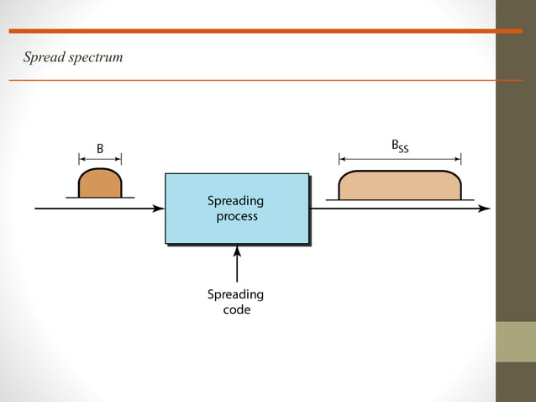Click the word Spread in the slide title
[43, 57]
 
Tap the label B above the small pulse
[99, 149]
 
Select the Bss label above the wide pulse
[400, 146]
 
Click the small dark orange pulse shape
[100, 184]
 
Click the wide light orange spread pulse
[399, 185]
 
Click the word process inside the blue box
[236, 216]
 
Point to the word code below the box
[236, 309]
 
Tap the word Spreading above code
[236, 294]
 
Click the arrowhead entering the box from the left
[159, 209]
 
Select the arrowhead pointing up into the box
[237, 251]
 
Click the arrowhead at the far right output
[484, 209]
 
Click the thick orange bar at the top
[252, 31]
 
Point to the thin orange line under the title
[252, 80]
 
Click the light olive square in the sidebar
[515, 341]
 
